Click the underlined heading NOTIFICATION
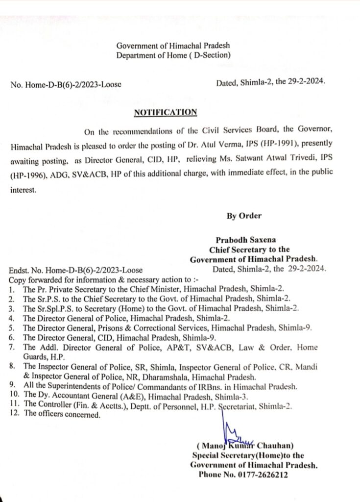click(x=166, y=112)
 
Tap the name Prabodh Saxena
click(x=248, y=240)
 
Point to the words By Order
click(x=244, y=216)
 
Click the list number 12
click(x=14, y=414)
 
